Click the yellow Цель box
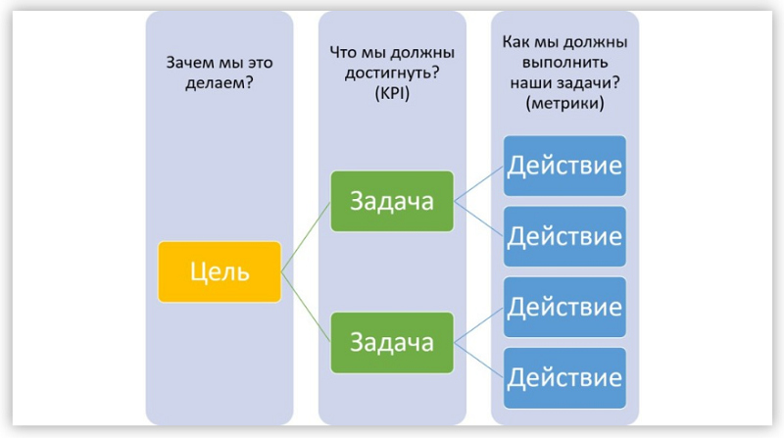(220, 272)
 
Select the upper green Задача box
(392, 202)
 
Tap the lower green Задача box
(392, 343)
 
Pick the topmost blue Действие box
(564, 166)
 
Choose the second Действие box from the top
(564, 236)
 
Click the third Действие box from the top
(564, 307)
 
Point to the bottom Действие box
(564, 378)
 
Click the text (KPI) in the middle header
(392, 93)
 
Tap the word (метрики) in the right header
(565, 104)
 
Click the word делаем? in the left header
(220, 83)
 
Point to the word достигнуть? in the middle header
(392, 73)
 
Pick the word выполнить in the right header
(565, 63)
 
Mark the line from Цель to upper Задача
(306, 237)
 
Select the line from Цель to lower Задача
(306, 308)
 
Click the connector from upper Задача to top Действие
(478, 183)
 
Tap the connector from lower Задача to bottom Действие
(478, 361)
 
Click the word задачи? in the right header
(592, 83)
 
